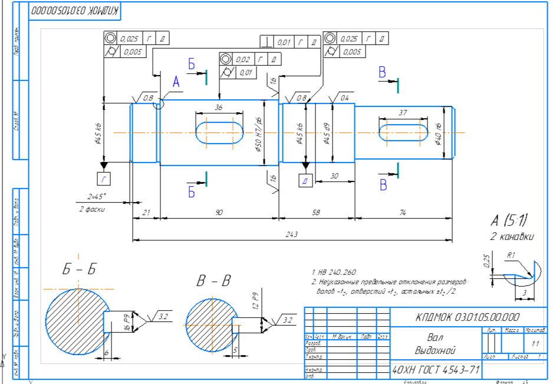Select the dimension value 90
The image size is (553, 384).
(x=219, y=213)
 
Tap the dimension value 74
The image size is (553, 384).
(x=403, y=213)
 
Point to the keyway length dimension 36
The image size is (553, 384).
(x=219, y=108)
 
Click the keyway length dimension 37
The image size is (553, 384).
(x=403, y=112)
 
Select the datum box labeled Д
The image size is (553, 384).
(x=305, y=180)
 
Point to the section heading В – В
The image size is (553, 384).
(x=213, y=281)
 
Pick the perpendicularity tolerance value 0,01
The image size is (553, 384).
(x=284, y=42)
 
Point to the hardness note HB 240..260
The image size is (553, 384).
(x=336, y=273)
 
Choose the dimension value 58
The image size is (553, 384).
(x=317, y=213)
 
